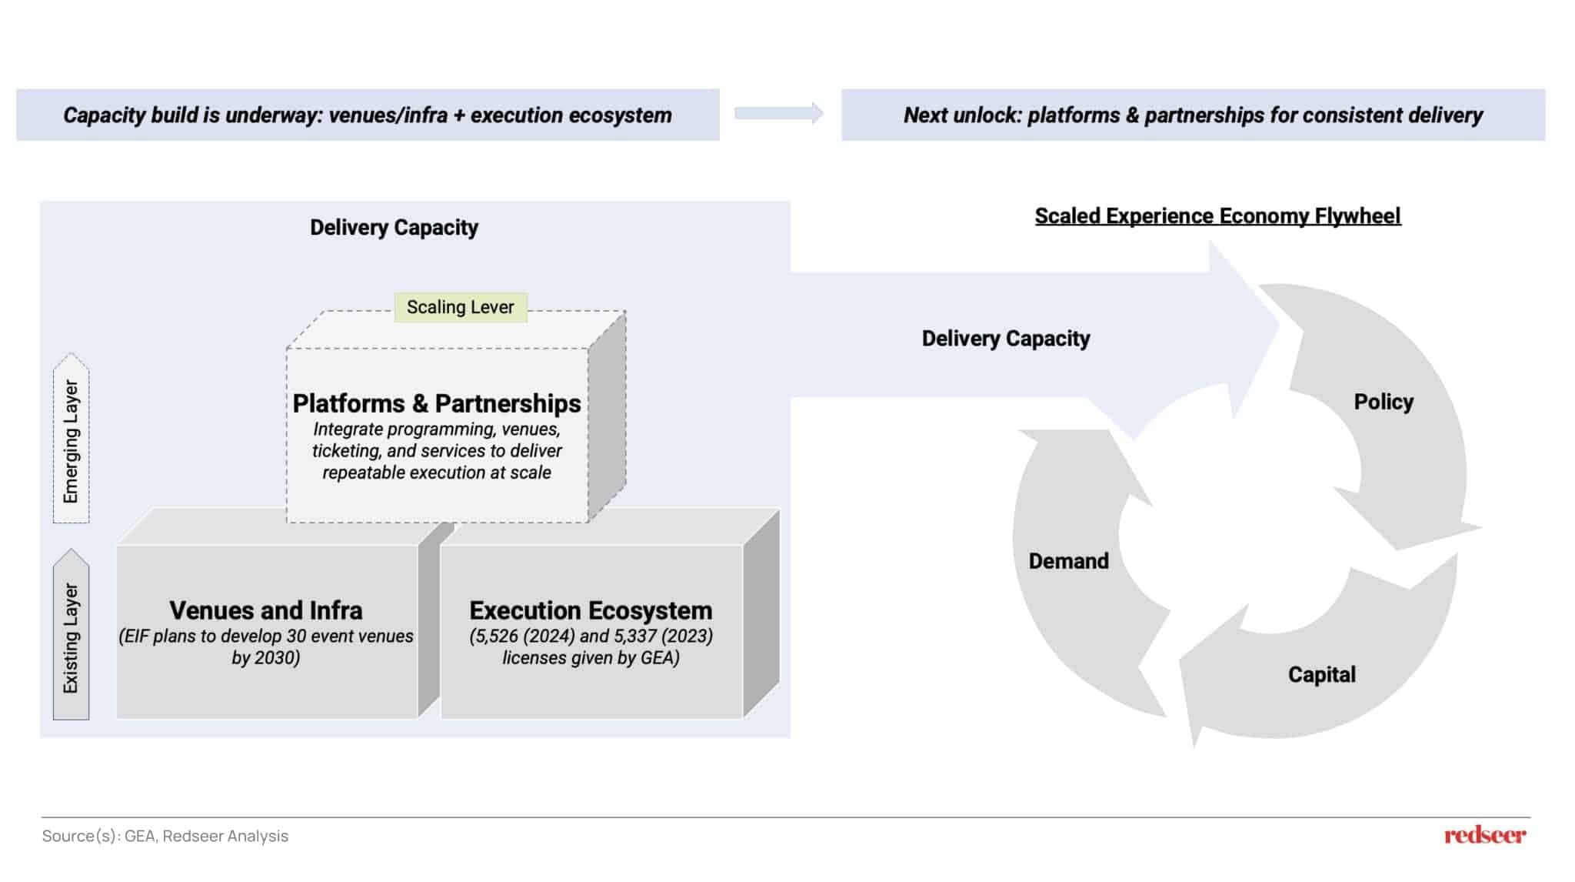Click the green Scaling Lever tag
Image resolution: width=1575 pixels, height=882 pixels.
coord(460,307)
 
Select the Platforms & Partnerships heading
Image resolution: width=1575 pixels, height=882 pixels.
coord(436,403)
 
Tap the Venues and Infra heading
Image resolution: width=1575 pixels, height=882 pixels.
coord(265,610)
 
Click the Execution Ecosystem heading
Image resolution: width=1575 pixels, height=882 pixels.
coord(591,610)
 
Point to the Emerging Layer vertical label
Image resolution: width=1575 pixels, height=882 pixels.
coord(71,441)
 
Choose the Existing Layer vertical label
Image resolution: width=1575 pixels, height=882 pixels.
coord(71,637)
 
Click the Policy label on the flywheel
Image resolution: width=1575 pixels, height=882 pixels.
coord(1384,402)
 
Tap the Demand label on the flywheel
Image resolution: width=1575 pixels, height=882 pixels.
coord(1068,561)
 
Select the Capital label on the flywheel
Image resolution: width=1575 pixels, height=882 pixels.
coord(1321,674)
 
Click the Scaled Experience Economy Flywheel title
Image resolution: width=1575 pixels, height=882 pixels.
coord(1217,215)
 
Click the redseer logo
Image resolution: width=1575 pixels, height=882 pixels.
coord(1484,835)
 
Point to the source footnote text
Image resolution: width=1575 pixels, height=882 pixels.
coord(165,836)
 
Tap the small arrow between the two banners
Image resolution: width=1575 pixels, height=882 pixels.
coord(778,114)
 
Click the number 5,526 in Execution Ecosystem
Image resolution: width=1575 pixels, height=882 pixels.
coord(495,636)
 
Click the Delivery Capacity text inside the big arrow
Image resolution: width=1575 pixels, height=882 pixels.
coord(1005,339)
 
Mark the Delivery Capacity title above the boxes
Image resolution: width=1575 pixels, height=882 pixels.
coord(394,228)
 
